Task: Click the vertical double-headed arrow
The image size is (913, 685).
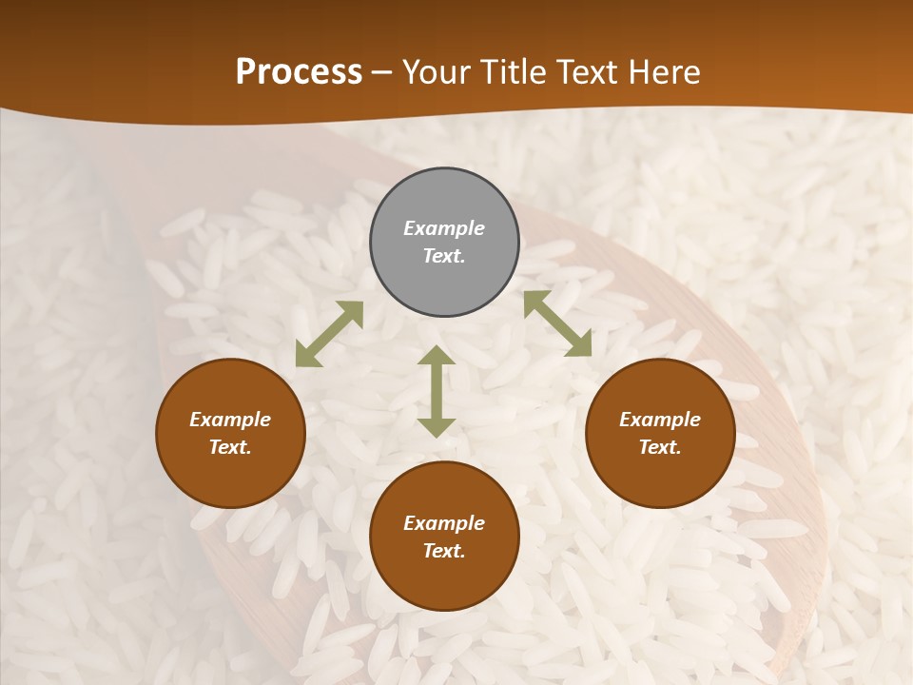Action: coord(437,391)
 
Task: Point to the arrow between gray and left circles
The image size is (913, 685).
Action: coord(329,334)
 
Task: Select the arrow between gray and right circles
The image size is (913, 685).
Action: coord(557,323)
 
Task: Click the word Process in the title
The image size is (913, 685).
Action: coord(299,71)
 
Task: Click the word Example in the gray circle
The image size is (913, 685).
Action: coord(444,228)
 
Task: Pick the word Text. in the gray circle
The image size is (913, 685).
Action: coord(444,256)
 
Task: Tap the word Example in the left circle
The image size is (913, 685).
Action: coord(230,420)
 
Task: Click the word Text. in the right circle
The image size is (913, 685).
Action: coord(660,447)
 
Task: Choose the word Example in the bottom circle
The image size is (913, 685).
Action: coord(444,523)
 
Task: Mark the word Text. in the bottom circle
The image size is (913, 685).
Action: coord(444,551)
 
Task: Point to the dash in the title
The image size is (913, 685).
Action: coord(382,73)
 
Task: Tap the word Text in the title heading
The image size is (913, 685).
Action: coord(586,71)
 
